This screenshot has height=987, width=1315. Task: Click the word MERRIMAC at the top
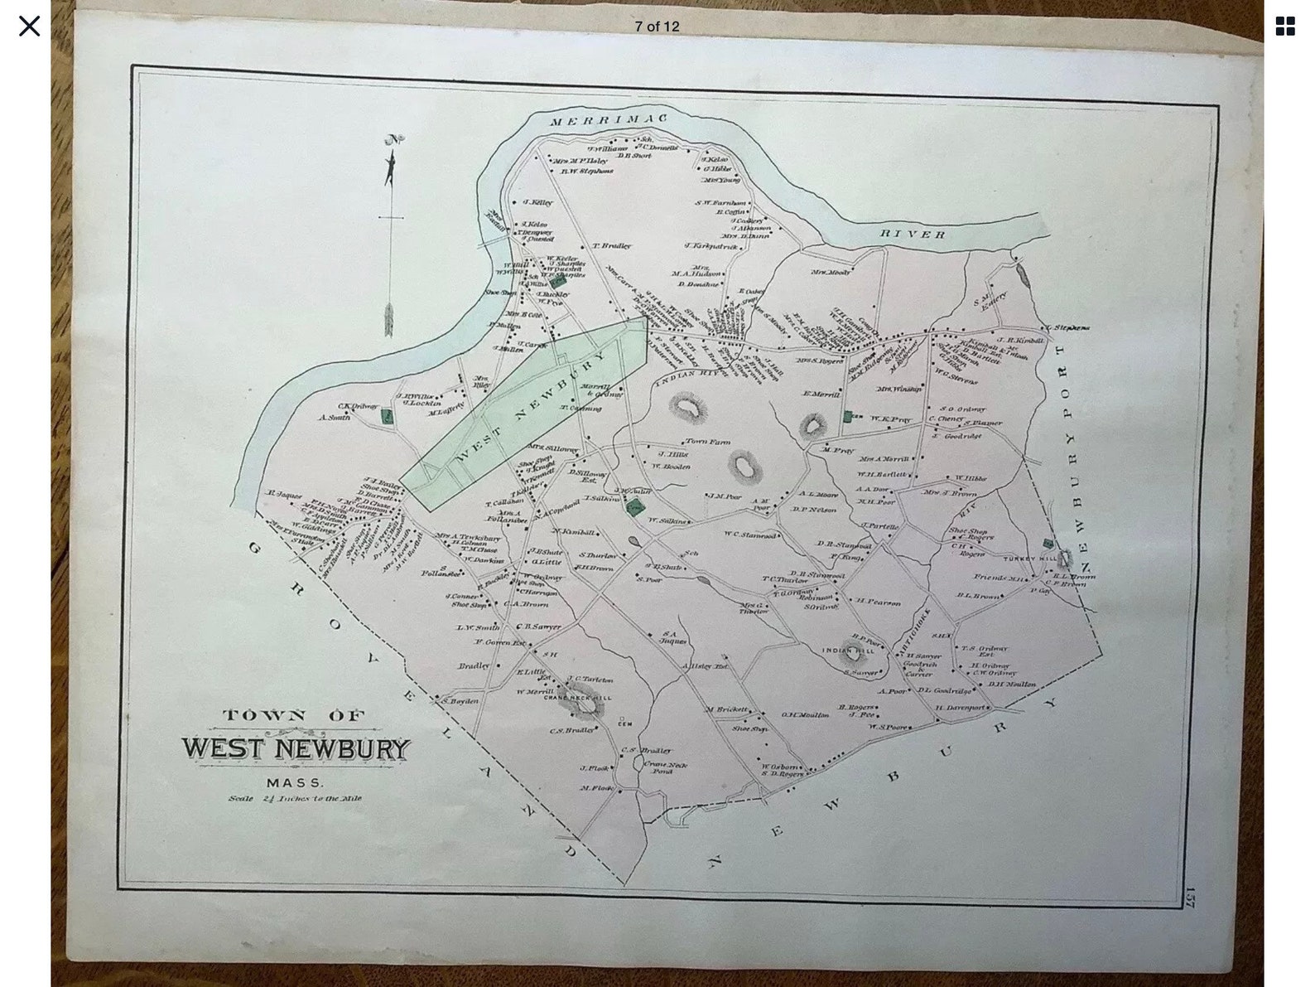pos(609,121)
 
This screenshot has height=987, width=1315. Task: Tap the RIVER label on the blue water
pos(913,235)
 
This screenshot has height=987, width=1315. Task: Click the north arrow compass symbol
pos(391,160)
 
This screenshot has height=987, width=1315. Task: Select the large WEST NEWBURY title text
pos(296,749)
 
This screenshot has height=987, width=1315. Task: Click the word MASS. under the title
pos(296,782)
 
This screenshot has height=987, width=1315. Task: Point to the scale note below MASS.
pos(296,799)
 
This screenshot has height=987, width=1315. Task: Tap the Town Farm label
pos(707,442)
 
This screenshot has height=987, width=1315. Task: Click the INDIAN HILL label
pos(847,651)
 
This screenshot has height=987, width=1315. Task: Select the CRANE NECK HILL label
pos(577,698)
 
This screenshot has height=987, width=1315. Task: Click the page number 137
pos(1190,897)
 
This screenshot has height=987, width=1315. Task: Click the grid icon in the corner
pos(1284,27)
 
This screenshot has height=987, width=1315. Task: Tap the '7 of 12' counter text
pos(657,27)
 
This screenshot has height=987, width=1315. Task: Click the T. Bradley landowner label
pos(611,246)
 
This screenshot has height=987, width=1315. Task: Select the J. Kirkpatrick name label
pos(710,245)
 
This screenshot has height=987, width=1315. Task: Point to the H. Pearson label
pos(878,602)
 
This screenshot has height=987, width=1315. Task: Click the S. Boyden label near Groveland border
pos(460,701)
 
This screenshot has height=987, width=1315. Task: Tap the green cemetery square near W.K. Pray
pos(847,417)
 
